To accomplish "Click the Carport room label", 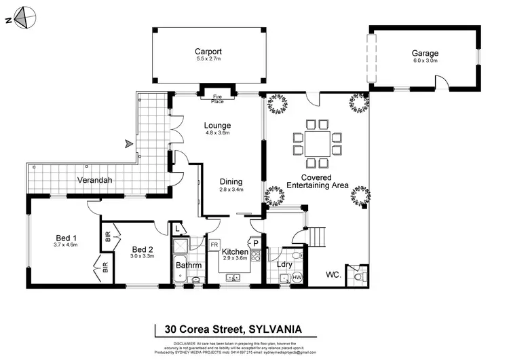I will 208,52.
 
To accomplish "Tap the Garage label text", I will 425,53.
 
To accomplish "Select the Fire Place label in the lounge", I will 217,99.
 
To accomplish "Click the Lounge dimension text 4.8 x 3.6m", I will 218,133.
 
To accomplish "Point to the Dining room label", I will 231,181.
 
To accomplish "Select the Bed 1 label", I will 66,238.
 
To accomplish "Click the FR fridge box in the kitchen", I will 214,244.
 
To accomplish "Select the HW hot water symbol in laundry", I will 297,277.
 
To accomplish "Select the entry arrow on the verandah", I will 127,143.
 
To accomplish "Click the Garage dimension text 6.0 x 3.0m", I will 425,61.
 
